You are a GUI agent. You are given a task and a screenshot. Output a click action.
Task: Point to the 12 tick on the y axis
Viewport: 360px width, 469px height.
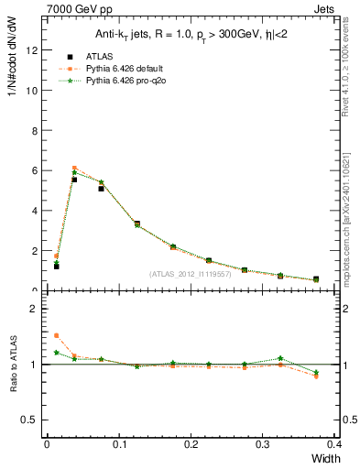click(34, 50)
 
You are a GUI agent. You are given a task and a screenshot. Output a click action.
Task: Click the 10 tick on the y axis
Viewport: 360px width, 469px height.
click(34, 91)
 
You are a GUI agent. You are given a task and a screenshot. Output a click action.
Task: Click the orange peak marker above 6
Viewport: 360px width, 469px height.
click(74, 169)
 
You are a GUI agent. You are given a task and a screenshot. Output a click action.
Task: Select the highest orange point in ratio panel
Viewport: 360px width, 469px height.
click(56, 335)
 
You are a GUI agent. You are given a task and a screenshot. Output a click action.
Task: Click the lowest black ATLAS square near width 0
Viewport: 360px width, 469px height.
click(56, 266)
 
